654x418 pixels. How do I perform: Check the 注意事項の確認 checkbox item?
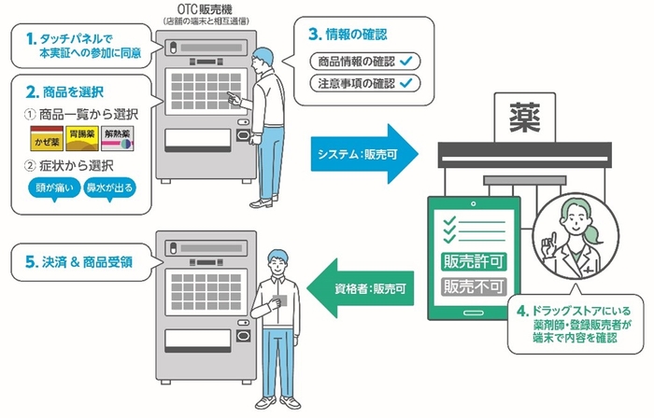pyautogui.click(x=365, y=83)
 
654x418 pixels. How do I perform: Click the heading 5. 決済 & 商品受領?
pyautogui.click(x=80, y=262)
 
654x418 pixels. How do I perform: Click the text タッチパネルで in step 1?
pyautogui.click(x=80, y=39)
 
